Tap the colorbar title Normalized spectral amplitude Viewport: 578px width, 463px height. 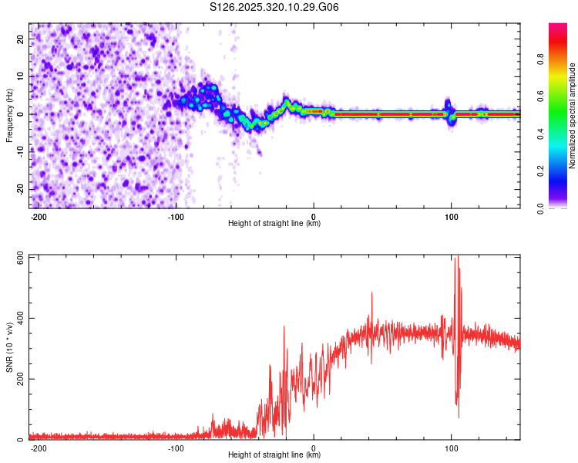click(572, 116)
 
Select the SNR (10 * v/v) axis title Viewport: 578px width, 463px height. click(9, 346)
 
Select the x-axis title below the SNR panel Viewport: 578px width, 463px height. click(274, 455)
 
